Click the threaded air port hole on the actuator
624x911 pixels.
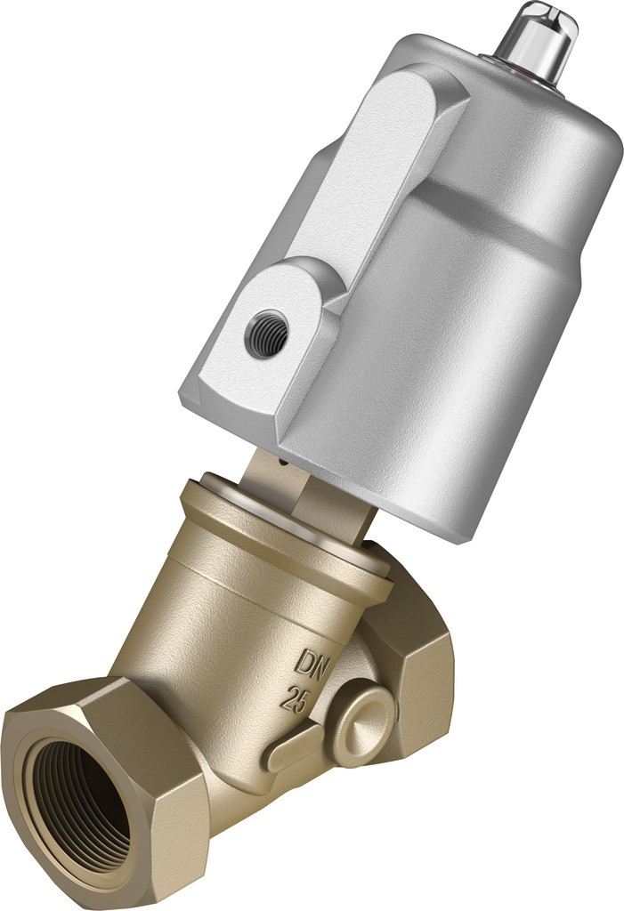pyautogui.click(x=266, y=334)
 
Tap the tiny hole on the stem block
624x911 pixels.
pyautogui.click(x=280, y=462)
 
